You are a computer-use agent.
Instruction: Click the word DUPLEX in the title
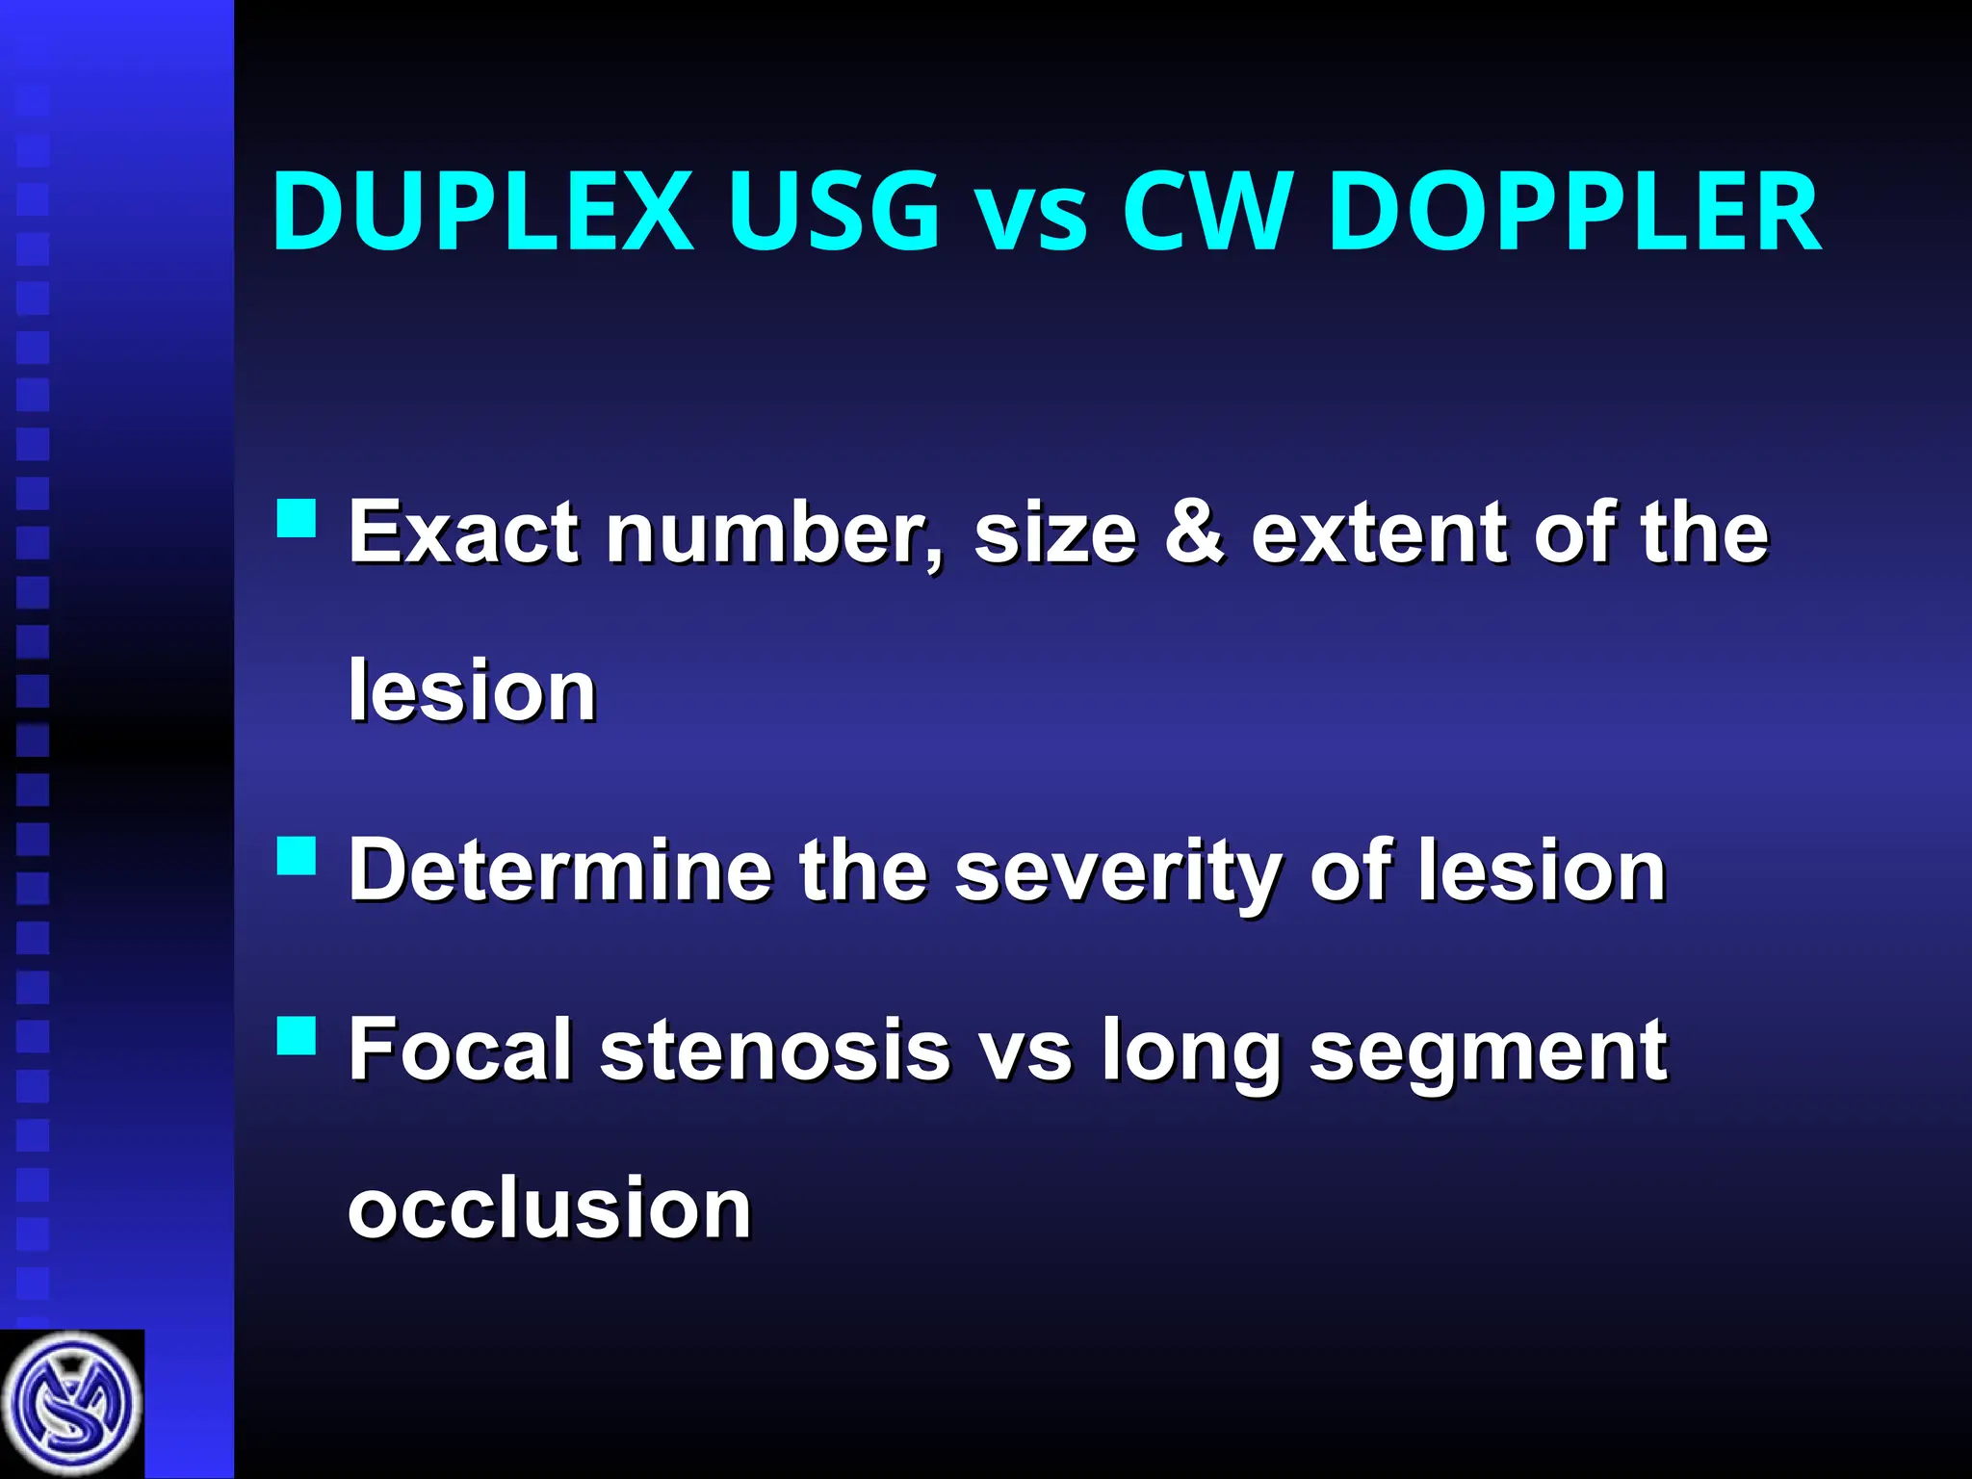481,212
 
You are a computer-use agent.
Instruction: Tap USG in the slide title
832,212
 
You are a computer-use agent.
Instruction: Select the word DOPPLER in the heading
1574,212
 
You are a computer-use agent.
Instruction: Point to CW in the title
1207,212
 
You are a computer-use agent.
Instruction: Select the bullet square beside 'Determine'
297,854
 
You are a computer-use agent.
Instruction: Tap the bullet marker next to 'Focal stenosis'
297,1035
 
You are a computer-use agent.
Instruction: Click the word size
1055,534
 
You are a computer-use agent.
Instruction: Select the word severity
1117,872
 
